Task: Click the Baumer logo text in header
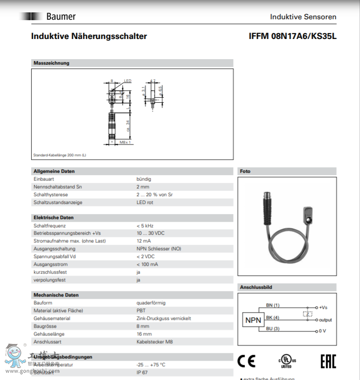point(60,17)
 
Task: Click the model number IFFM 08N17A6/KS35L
point(292,36)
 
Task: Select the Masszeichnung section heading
point(51,63)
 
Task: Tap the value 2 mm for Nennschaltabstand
point(143,187)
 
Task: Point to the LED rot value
point(145,203)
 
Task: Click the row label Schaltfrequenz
point(49,226)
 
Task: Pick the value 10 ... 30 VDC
point(150,233)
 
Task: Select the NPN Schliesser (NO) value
point(158,249)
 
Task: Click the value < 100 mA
point(147,264)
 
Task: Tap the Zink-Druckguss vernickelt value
point(164,319)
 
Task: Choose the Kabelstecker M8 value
point(155,342)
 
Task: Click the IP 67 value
point(142,373)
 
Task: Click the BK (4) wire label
point(273,317)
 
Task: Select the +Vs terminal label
point(323,308)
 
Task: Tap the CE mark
point(246,361)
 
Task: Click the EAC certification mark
point(327,361)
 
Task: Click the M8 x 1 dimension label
point(125,143)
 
